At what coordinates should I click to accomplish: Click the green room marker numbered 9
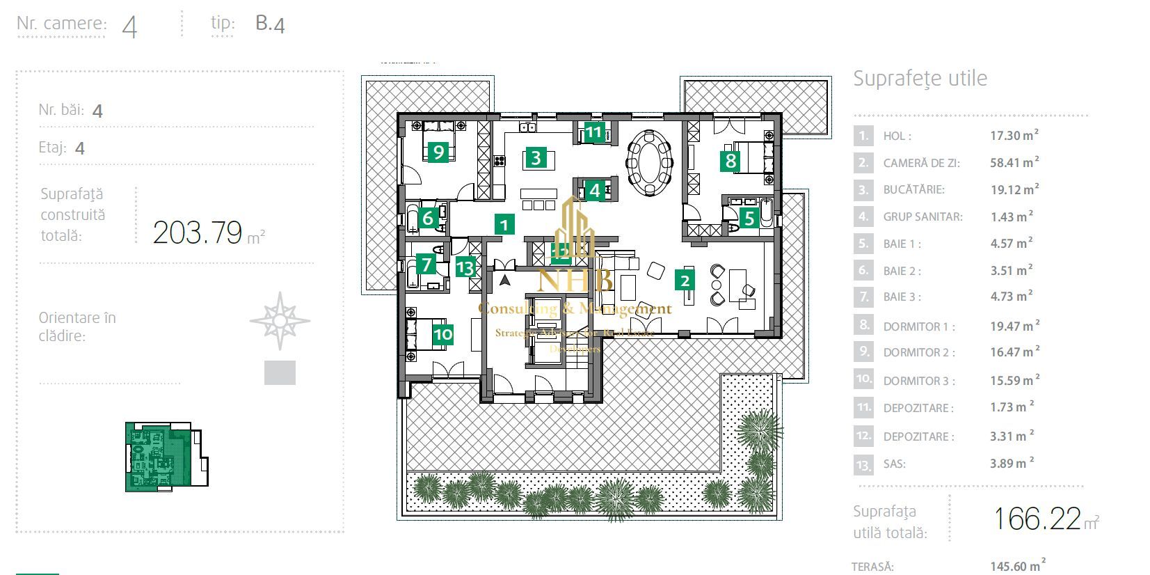(x=438, y=151)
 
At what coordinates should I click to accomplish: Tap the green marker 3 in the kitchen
(x=536, y=157)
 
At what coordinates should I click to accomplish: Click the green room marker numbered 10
(x=442, y=335)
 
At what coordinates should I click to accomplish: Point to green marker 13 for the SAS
(x=465, y=267)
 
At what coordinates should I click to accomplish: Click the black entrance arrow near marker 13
(x=505, y=281)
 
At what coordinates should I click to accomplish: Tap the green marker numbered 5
(x=749, y=218)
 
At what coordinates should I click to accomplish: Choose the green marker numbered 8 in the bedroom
(x=730, y=161)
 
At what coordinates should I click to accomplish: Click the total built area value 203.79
(x=198, y=233)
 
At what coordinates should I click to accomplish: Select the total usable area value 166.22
(x=1037, y=519)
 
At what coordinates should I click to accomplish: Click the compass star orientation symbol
(x=280, y=321)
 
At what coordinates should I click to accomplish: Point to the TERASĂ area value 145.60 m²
(x=1017, y=566)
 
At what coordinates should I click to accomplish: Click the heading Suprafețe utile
(x=920, y=78)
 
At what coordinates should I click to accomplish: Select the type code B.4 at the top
(x=270, y=24)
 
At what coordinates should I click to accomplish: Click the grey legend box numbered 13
(x=863, y=464)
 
